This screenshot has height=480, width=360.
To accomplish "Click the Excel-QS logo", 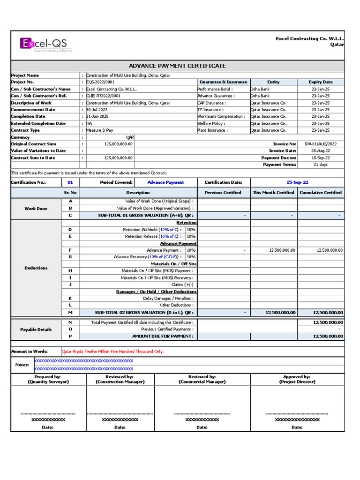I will tap(46, 45).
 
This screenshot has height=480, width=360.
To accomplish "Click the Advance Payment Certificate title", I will tap(177, 66).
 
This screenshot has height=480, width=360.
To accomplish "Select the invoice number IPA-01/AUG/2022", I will tap(320, 144).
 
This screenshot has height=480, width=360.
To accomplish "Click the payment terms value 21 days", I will tap(321, 165).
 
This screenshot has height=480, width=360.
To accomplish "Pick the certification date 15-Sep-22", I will tap(297, 182).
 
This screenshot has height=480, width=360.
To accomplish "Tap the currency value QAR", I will tap(130, 137).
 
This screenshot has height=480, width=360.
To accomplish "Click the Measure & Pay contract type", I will tap(100, 130).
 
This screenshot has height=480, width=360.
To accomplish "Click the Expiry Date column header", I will tap(321, 82).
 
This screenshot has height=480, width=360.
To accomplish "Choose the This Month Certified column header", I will tap(273, 193).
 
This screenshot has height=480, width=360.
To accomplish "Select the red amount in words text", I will tap(113, 352).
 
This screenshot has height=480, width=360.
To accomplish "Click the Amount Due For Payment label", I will tap(162, 336).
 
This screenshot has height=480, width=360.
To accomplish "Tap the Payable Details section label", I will tap(36, 330).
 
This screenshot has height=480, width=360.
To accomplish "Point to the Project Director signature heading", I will tap(297, 379).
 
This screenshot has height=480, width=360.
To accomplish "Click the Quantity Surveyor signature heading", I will tap(48, 379).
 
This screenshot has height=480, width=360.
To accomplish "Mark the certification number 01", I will tap(70, 182).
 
